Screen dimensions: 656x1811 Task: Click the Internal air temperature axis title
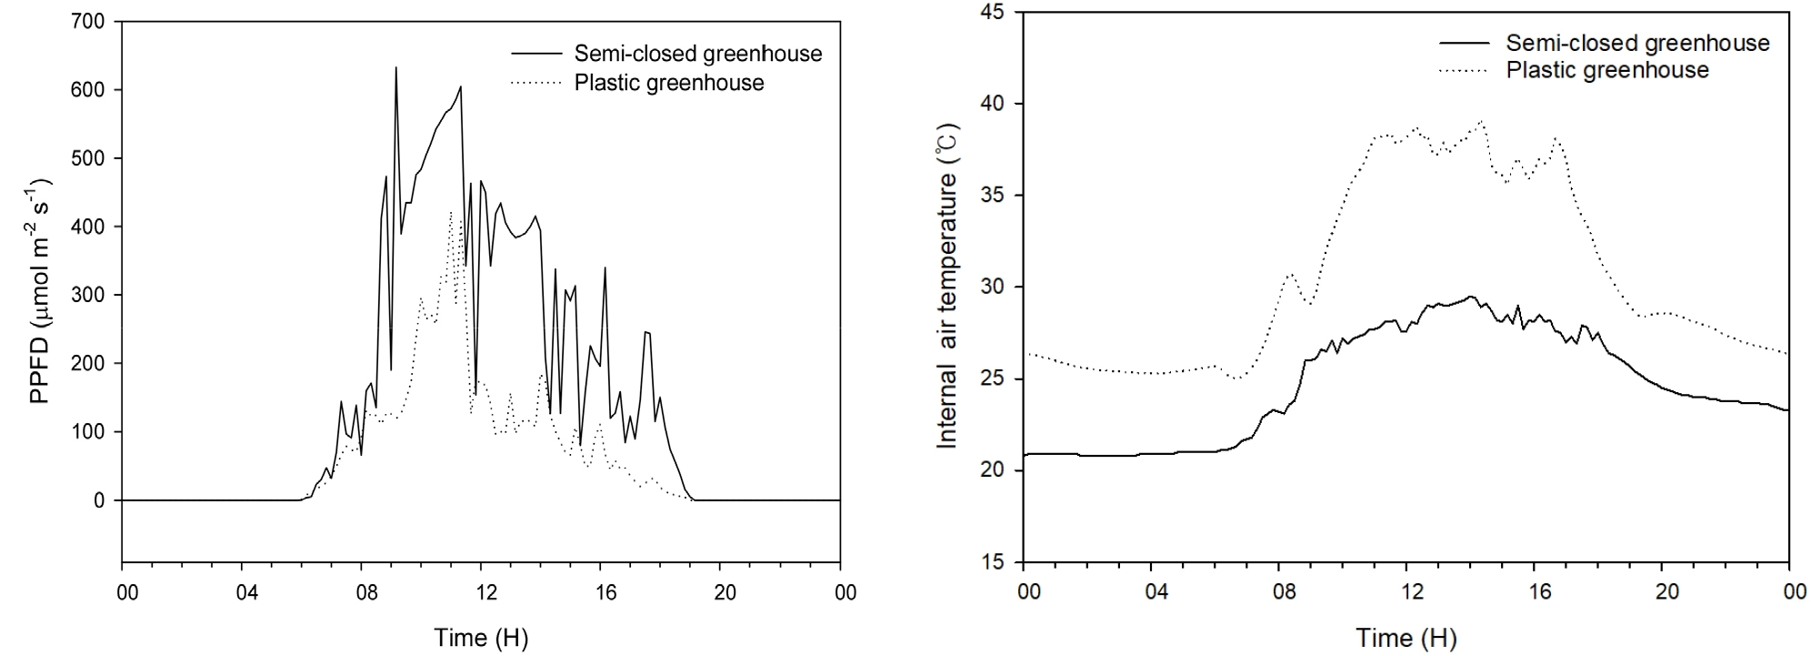coord(947,285)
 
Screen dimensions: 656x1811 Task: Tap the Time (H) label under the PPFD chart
coord(480,638)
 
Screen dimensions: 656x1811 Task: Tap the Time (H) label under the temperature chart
coord(1406,638)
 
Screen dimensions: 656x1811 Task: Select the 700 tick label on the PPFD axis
coord(89,21)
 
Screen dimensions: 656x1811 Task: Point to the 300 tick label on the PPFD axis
coord(89,295)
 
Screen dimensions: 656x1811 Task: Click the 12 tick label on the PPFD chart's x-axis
coord(486,593)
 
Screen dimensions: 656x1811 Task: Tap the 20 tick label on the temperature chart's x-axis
coord(1666,591)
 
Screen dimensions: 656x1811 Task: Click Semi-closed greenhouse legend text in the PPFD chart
coord(697,54)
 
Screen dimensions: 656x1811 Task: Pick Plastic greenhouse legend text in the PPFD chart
coord(668,83)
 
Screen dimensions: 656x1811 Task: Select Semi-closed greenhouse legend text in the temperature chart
coord(1637,43)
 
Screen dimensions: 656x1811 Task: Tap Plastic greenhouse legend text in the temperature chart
coord(1607,70)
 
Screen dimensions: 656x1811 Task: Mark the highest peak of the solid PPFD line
coord(395,67)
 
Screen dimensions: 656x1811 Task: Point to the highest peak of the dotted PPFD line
coord(450,212)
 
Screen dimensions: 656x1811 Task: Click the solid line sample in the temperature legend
coord(1464,43)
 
